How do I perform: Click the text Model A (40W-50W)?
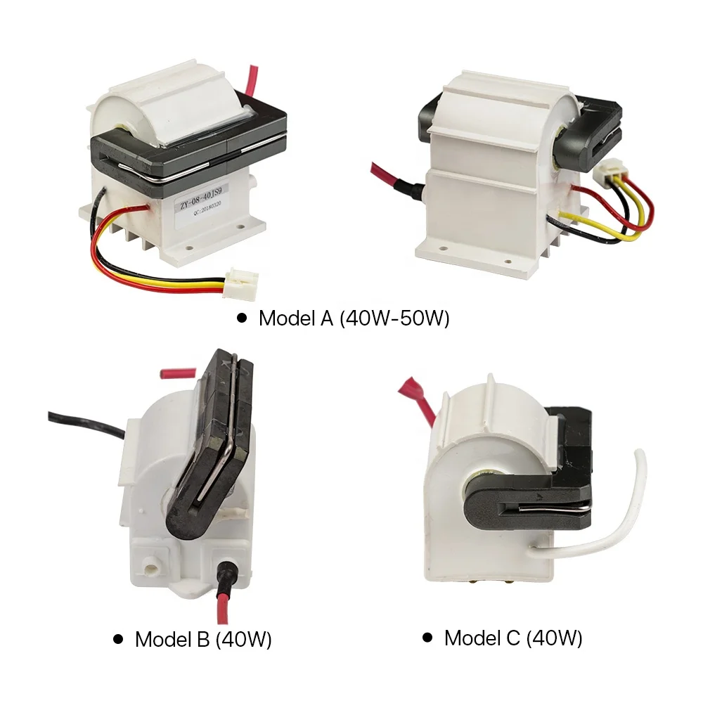354,318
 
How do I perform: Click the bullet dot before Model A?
242,318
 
